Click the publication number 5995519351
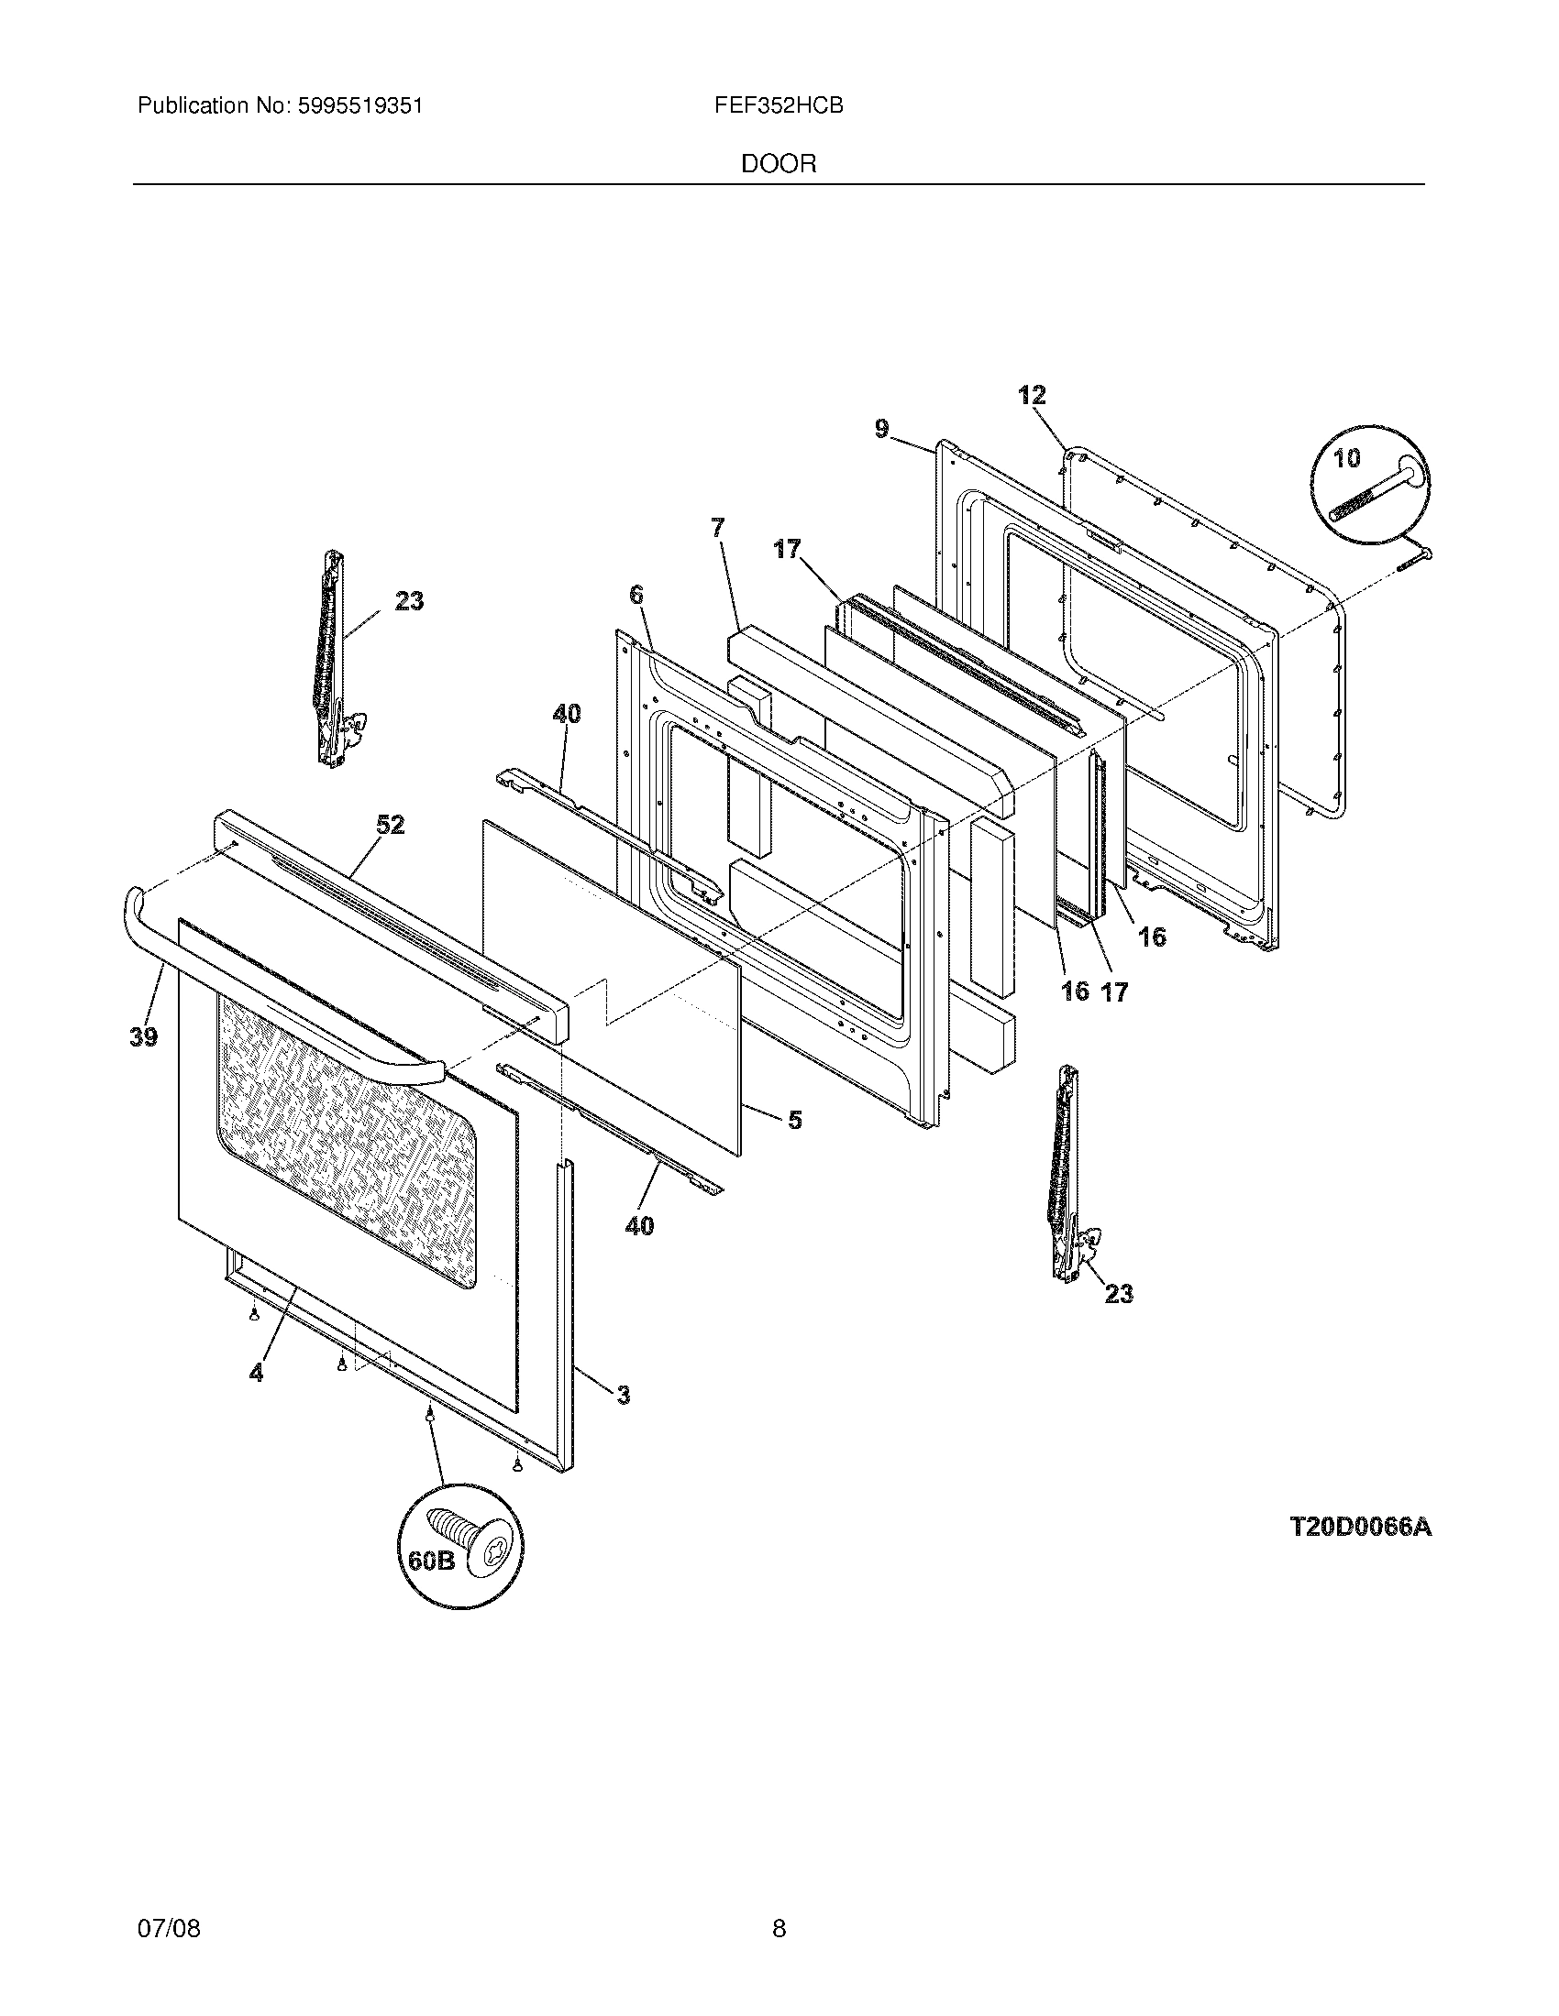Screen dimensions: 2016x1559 (359, 106)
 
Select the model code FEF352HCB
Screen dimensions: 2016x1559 (778, 106)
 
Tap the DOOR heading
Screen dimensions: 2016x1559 (779, 164)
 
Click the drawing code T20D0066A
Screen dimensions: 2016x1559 (1359, 1528)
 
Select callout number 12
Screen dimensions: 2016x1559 (1032, 396)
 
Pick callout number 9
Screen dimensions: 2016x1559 (882, 429)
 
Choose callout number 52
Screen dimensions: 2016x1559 (390, 825)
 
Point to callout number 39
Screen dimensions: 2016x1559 (143, 1036)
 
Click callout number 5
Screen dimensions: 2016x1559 (794, 1120)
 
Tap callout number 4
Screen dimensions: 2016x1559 (256, 1398)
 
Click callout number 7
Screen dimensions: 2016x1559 (718, 528)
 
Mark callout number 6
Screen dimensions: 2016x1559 (636, 596)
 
